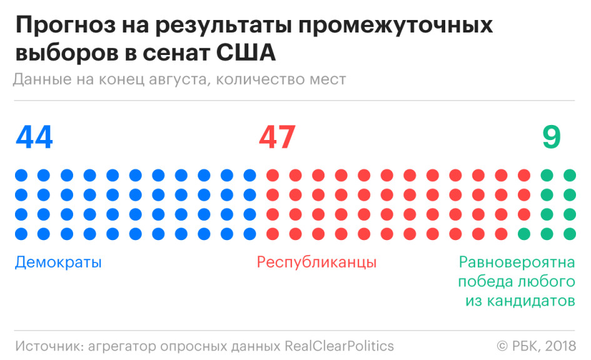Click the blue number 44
34,137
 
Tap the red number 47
276,137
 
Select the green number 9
551,137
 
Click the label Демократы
58,262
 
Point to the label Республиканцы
317,262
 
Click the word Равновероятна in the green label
517,262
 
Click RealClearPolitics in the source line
340,346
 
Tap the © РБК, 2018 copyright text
536,346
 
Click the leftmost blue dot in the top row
21,175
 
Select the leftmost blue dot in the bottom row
21,234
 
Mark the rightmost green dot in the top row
570,175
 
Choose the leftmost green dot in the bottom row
524,234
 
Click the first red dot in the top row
273,175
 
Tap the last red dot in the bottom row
501,234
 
